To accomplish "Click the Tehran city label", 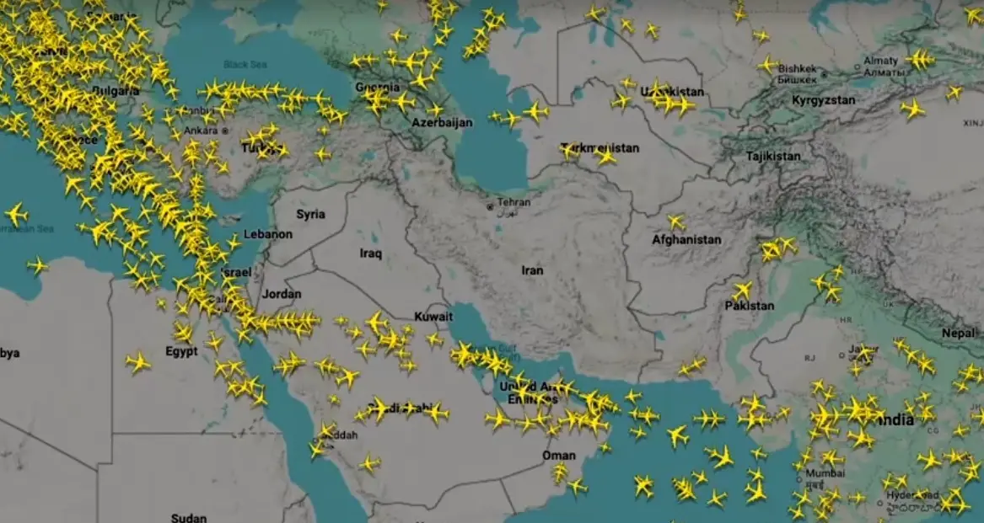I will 514,203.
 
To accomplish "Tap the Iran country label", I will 532,270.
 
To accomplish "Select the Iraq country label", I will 371,253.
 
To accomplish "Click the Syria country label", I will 310,214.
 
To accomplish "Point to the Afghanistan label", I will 686,240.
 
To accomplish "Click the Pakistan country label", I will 749,306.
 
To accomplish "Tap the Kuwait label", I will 433,317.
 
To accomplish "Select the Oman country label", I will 558,455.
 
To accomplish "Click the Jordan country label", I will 281,294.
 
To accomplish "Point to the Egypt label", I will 181,351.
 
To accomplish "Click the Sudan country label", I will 188,517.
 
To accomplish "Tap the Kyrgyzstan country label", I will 823,100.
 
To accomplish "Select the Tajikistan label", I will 772,157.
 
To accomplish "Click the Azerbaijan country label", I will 442,123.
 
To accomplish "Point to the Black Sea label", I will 245,65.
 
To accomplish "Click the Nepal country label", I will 958,333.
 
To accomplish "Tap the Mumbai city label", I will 824,473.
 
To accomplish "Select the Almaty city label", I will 880,61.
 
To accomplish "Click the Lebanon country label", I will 267,234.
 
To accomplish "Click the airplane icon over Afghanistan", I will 676,222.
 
